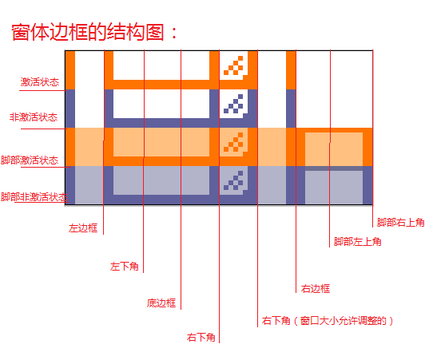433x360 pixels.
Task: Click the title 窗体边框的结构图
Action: pyautogui.click(x=88, y=32)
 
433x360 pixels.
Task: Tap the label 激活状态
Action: pyautogui.click(x=40, y=82)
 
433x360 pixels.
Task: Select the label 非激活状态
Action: pyautogui.click(x=34, y=117)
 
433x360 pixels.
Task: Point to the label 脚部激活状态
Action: pyautogui.click(x=30, y=160)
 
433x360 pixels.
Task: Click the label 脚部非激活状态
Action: pyautogui.click(x=34, y=197)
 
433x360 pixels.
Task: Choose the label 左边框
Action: pyautogui.click(x=83, y=228)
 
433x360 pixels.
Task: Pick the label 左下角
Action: pyautogui.click(x=125, y=267)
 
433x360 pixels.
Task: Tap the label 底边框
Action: pyautogui.click(x=161, y=303)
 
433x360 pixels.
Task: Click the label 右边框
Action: pyautogui.click(x=316, y=288)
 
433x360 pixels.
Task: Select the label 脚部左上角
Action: pyautogui.click(x=357, y=242)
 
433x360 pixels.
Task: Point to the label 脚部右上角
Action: pyautogui.click(x=401, y=223)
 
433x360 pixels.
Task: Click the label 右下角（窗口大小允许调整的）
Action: pyautogui.click(x=328, y=321)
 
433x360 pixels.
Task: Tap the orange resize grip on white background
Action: pyautogui.click(x=233, y=65)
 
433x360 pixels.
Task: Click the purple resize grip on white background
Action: pyautogui.click(x=233, y=104)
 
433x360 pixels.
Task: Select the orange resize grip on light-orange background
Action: pyautogui.click(x=233, y=142)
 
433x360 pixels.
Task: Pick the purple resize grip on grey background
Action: pyautogui.click(x=233, y=180)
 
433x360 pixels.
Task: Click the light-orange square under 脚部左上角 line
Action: pyautogui.click(x=334, y=149)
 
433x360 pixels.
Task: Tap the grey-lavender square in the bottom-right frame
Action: pyautogui.click(x=334, y=188)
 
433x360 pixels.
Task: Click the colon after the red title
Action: pyautogui.click(x=174, y=33)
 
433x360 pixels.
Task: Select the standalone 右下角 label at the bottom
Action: pyautogui.click(x=201, y=338)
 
